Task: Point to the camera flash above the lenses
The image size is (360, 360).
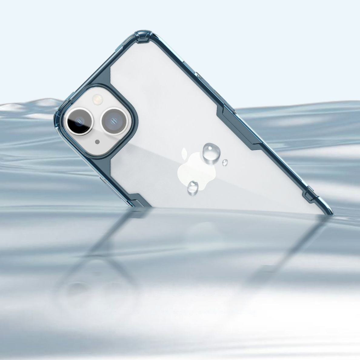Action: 97,99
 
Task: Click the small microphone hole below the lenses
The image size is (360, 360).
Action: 97,142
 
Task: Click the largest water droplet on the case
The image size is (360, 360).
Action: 211,152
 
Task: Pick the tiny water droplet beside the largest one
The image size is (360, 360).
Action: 225,162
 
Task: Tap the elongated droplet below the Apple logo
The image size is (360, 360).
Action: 193,187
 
